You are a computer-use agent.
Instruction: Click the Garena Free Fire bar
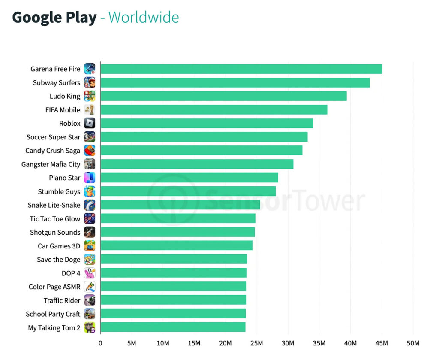241,69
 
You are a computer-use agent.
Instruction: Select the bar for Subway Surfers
235,83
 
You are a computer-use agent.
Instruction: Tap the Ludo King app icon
90,96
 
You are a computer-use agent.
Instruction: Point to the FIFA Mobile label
63,110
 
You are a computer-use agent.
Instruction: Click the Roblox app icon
90,124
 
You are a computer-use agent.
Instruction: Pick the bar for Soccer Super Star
204,137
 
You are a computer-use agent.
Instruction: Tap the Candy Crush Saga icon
90,151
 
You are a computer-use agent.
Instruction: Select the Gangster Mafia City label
51,164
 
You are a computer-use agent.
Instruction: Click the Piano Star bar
189,178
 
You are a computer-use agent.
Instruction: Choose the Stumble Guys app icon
90,191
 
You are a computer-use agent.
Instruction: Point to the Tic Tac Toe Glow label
55,219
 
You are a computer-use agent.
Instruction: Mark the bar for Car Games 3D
176,246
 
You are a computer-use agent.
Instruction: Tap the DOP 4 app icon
90,273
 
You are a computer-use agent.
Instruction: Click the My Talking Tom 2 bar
173,327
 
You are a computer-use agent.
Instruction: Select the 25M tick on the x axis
256,343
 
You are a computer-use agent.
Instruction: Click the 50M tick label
413,343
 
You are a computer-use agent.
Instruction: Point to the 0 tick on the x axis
100,343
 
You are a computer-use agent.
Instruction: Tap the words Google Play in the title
54,18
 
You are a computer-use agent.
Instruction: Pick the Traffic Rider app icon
90,300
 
